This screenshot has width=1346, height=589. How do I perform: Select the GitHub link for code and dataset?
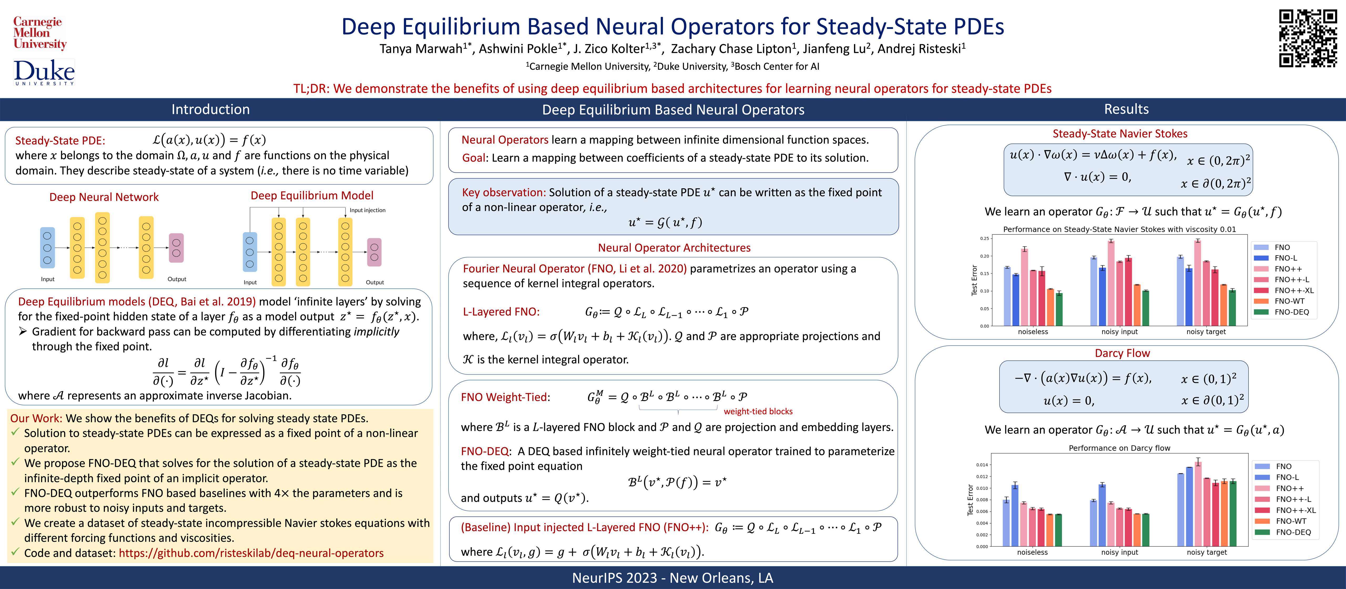[x=251, y=553]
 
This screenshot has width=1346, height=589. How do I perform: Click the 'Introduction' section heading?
[x=211, y=109]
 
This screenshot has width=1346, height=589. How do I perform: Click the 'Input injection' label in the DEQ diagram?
[x=367, y=210]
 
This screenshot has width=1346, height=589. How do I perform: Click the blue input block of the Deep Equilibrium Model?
[x=250, y=252]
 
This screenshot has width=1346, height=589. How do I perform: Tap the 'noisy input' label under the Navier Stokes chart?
[x=1119, y=332]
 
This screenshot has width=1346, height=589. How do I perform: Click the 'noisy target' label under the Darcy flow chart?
[x=1206, y=552]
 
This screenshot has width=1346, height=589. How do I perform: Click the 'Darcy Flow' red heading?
[x=1122, y=353]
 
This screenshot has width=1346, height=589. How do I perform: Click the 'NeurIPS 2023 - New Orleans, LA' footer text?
[x=672, y=577]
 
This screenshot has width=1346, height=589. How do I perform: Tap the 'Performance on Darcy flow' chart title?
[x=1119, y=448]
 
